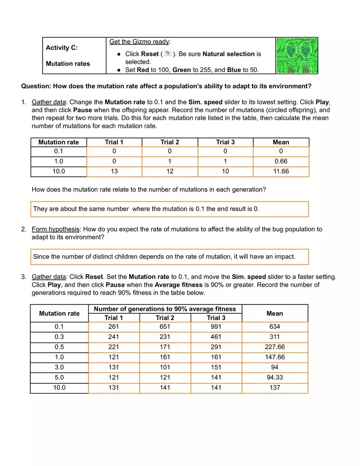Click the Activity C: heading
click(x=62, y=47)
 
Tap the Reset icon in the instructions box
click(x=167, y=54)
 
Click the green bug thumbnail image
click(x=297, y=56)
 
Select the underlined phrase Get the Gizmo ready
click(x=139, y=42)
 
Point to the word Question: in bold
click(x=36, y=86)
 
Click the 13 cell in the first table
click(x=114, y=171)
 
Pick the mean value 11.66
click(x=281, y=171)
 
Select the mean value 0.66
click(x=281, y=161)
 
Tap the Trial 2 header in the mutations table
click(x=170, y=142)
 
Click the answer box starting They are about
click(x=169, y=209)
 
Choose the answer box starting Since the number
click(x=169, y=257)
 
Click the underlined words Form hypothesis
click(x=55, y=229)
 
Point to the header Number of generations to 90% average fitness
click(x=165, y=309)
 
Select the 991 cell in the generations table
click(x=216, y=327)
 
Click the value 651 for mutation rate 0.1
click(x=165, y=327)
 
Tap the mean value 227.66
click(x=274, y=347)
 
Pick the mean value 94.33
click(x=274, y=377)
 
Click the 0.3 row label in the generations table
click(x=59, y=337)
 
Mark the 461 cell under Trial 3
click(x=216, y=337)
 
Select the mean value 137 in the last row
click(x=274, y=387)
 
